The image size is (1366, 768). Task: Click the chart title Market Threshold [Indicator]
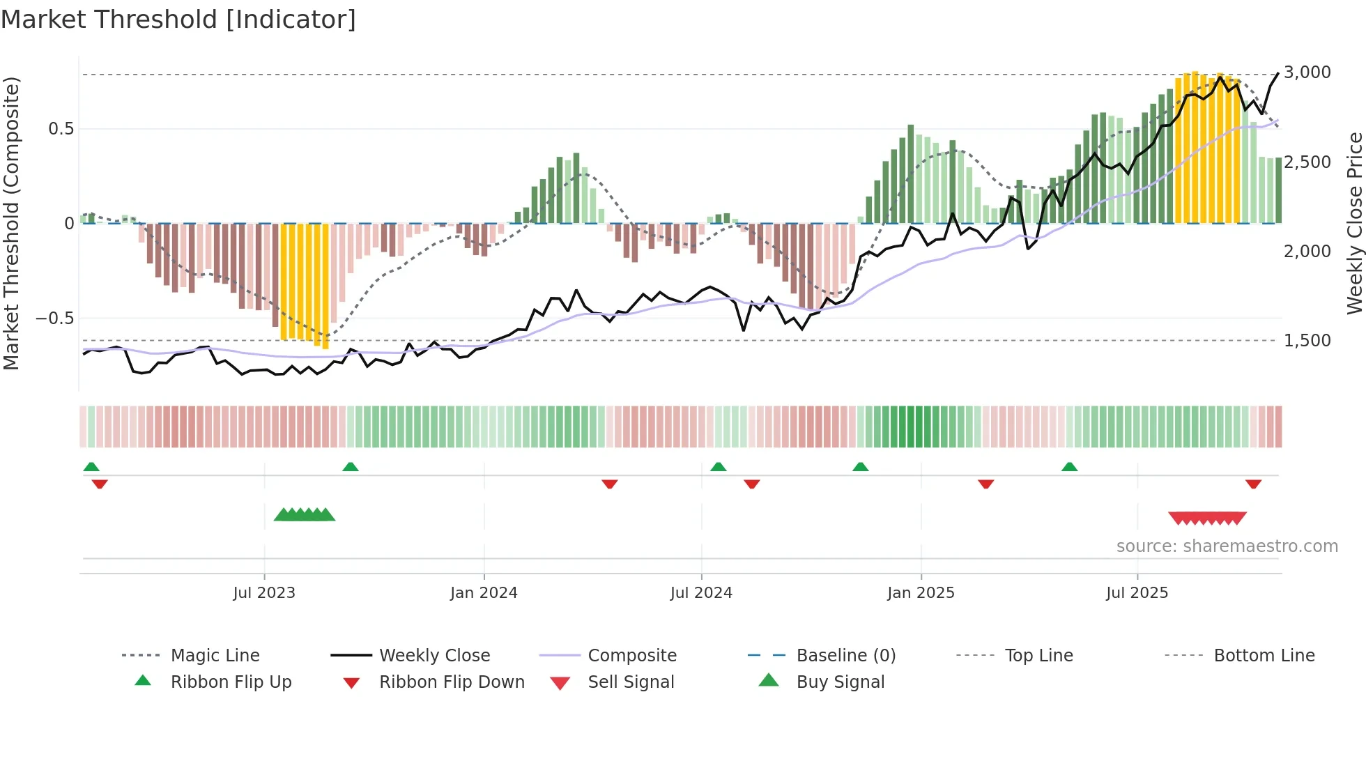tap(178, 20)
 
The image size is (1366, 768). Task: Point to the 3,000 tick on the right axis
tap(1307, 72)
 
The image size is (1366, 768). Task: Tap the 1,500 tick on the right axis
tap(1307, 341)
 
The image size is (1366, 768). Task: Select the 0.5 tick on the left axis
tap(61, 129)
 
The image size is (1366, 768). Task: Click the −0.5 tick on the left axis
tap(54, 318)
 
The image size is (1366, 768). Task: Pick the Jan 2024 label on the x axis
tap(484, 593)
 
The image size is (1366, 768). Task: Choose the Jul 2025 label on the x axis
tap(1137, 593)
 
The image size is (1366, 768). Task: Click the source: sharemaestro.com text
tap(1227, 546)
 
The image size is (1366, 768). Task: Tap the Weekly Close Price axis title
tap(1354, 223)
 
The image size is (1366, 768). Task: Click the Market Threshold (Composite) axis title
tap(11, 223)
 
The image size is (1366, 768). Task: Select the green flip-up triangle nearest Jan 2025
tap(861, 467)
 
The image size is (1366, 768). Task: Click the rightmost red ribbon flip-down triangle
tap(1253, 484)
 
